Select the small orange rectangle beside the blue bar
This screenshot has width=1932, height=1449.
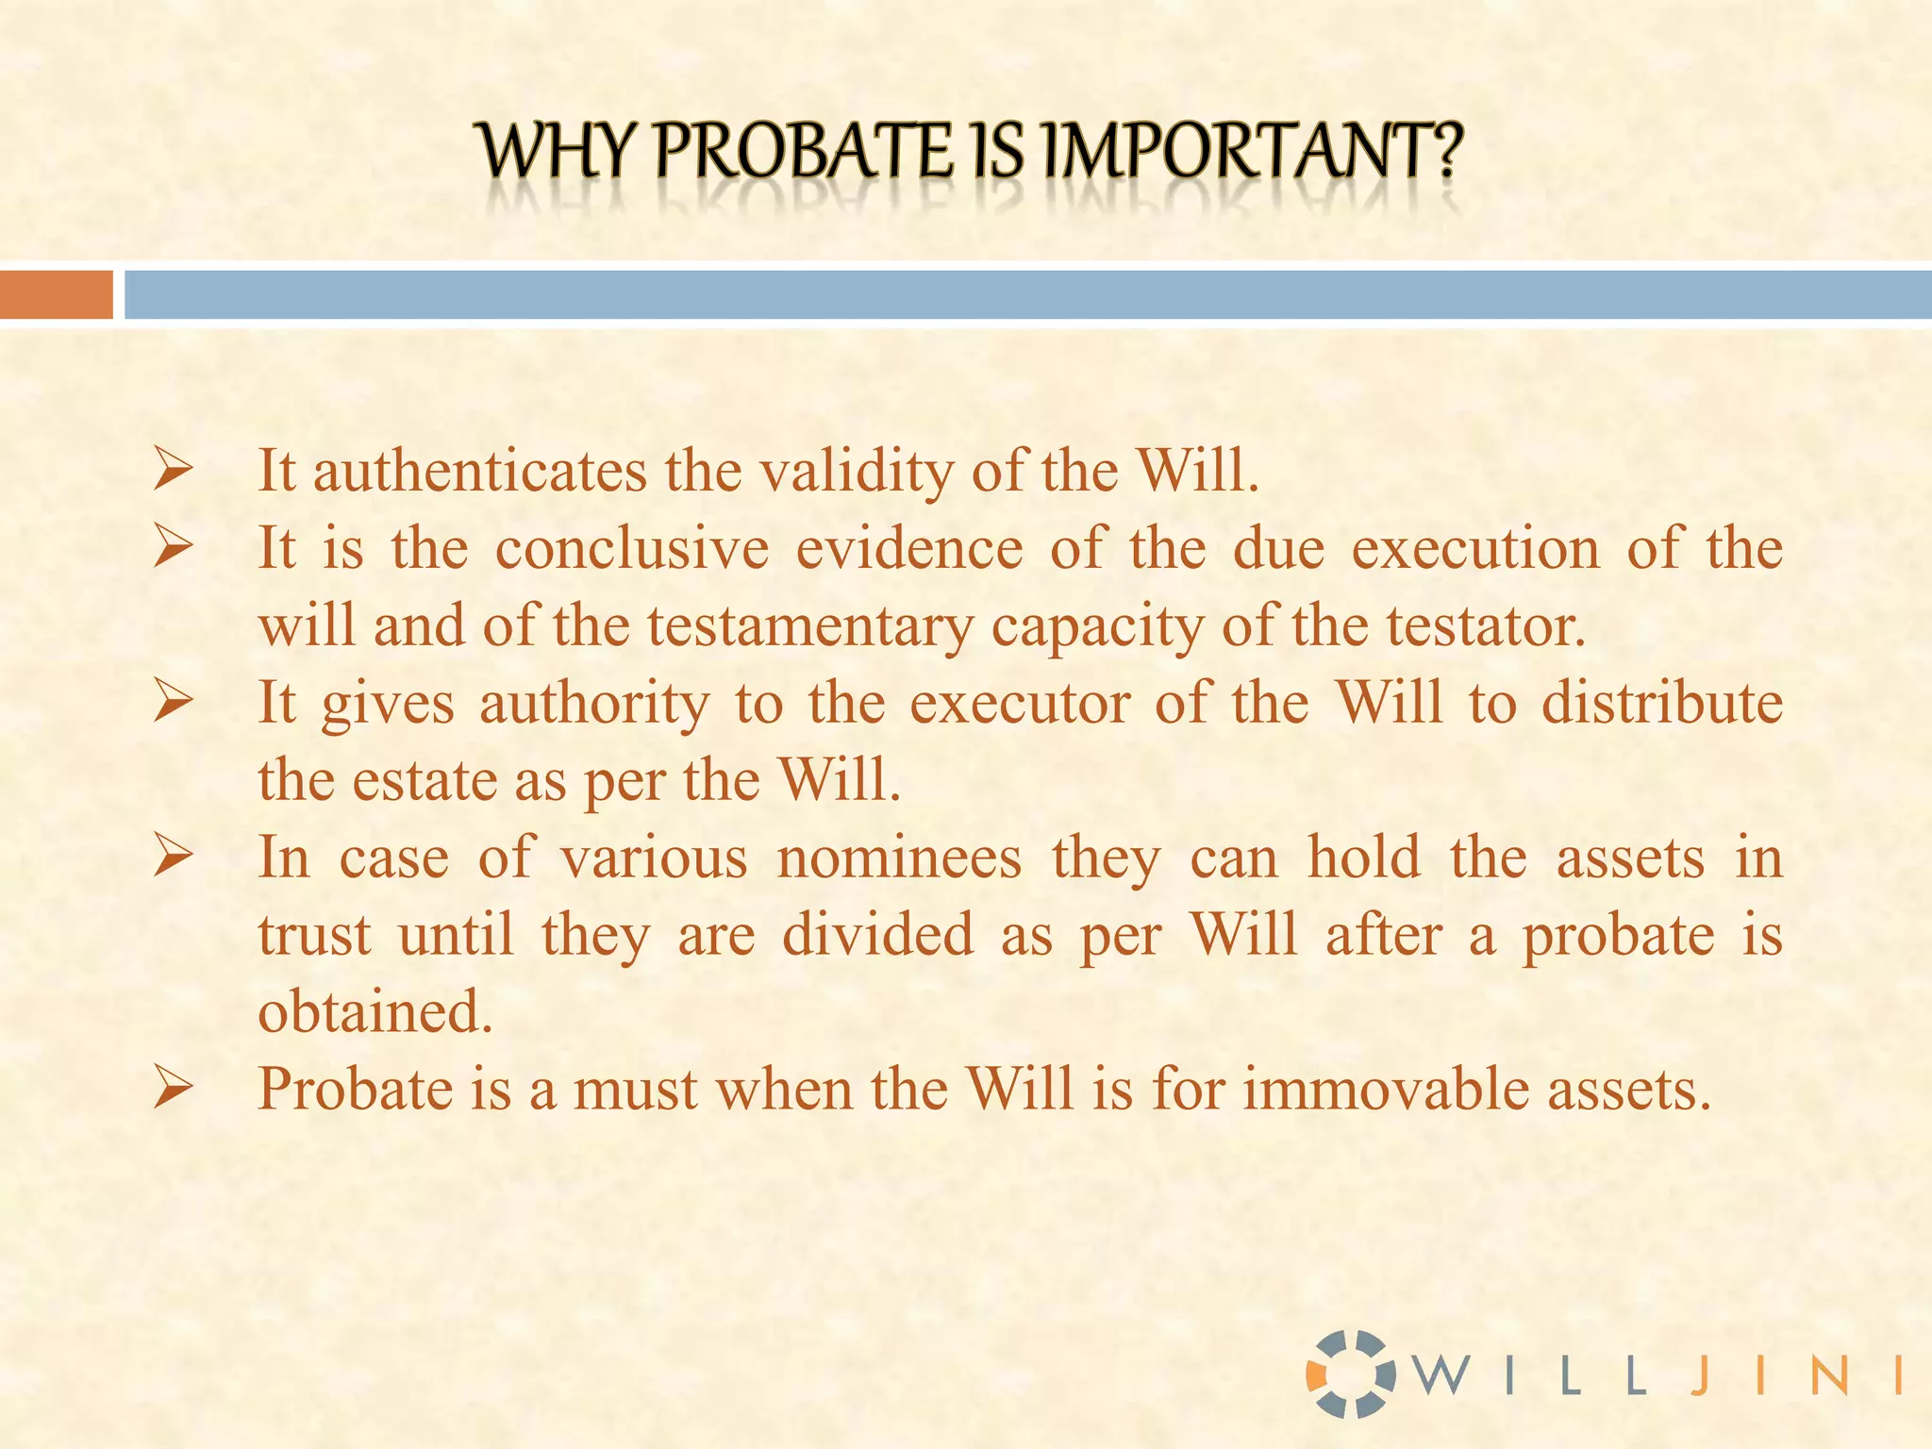pos(57,294)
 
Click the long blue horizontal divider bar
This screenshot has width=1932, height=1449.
pos(1028,294)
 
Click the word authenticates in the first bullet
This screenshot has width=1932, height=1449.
pos(480,471)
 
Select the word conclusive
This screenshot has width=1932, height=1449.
pos(632,549)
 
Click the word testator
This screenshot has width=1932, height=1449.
pos(1486,626)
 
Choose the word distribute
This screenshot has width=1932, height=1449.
pos(1662,704)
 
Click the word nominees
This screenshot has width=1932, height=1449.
pos(899,858)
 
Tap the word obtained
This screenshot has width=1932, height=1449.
pos(375,1013)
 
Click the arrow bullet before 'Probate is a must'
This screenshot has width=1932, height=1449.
pos(174,1090)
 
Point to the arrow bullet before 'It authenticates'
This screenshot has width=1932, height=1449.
pos(174,470)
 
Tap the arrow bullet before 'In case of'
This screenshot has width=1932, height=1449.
pos(174,858)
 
